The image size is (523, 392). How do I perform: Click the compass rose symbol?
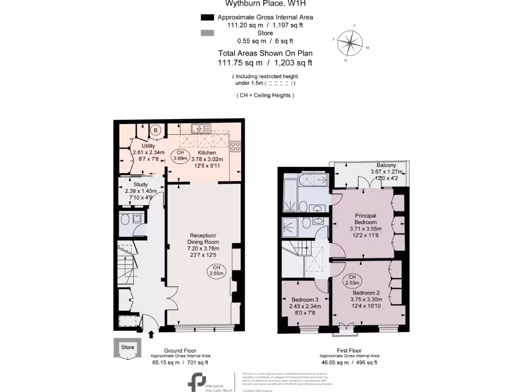(351, 43)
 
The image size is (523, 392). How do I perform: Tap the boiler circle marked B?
(156, 131)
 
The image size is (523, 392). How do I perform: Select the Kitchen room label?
(207, 153)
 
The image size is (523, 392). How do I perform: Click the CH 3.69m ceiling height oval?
(179, 156)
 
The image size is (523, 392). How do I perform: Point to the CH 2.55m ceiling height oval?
(216, 271)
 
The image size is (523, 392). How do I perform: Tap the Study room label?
(141, 184)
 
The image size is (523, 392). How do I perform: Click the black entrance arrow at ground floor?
(151, 335)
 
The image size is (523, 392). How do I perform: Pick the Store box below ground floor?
(127, 348)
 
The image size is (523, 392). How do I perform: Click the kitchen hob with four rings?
(235, 146)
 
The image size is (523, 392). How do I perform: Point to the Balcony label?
(386, 165)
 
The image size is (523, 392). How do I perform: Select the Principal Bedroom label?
(366, 219)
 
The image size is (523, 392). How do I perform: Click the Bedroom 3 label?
(305, 300)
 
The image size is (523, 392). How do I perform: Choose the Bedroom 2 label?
(366, 292)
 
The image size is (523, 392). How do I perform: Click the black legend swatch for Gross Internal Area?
(207, 17)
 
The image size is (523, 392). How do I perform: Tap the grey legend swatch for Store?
(207, 33)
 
